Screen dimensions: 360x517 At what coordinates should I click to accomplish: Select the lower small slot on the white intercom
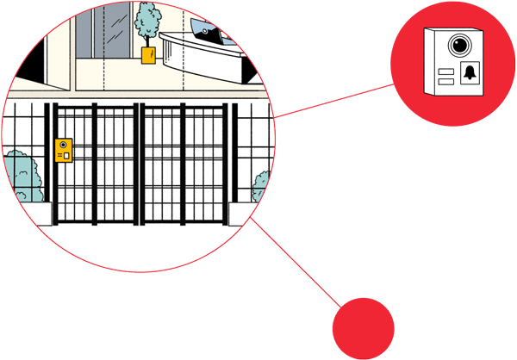(446, 81)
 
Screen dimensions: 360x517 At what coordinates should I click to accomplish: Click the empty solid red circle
(363, 328)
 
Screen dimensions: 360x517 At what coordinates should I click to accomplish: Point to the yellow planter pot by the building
(148, 55)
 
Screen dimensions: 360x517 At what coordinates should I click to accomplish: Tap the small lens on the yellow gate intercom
(63, 146)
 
